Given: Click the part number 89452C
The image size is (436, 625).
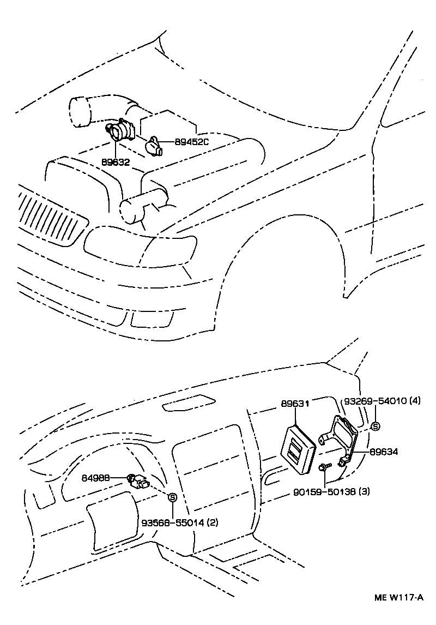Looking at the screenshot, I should [192, 142].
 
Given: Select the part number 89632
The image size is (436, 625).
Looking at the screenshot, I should [116, 162].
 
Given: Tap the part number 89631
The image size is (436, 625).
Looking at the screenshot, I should [295, 404].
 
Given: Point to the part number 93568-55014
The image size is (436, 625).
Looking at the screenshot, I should [173, 522].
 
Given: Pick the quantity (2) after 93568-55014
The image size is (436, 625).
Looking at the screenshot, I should [213, 522].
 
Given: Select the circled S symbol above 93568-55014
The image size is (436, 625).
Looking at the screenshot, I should [173, 497].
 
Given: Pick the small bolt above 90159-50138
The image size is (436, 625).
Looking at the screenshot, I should [325, 467].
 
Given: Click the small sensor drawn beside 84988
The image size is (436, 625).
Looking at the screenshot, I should [140, 481].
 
